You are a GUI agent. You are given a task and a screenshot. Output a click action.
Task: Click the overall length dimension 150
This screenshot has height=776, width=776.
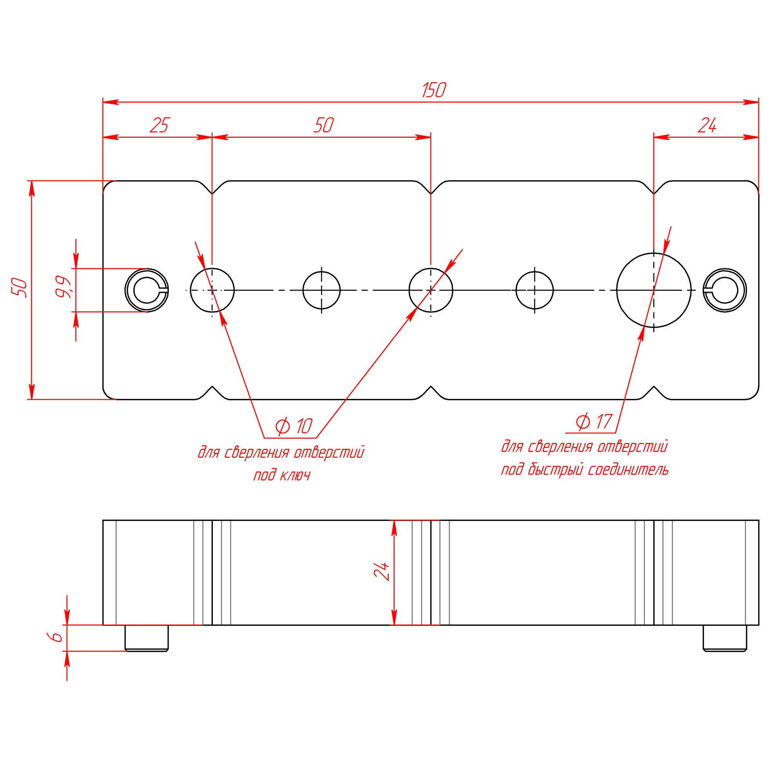pos(434,90)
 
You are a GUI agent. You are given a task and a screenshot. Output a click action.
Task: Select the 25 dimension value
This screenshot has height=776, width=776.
pos(160,125)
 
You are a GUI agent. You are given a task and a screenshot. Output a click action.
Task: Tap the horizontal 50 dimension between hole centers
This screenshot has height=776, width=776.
pos(323,125)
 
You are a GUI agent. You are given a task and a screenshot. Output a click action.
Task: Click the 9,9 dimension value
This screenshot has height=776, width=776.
pos(63,286)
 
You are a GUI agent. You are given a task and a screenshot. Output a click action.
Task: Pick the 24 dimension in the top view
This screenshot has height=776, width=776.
pos(707,126)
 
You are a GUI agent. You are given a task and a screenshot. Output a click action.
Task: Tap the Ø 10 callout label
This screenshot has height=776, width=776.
pos(294,426)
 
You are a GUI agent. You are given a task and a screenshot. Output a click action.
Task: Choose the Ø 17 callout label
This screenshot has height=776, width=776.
pos(594,421)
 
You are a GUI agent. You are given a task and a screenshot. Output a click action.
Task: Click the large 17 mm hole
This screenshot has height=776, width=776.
pos(653,290)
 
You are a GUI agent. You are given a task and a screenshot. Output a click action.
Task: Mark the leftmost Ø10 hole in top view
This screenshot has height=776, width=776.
pos(212,290)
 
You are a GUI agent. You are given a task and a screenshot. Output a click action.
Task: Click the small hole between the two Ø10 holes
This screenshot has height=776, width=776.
pos(321,290)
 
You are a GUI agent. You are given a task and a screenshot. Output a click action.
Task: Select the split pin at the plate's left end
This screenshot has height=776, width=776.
pos(147,290)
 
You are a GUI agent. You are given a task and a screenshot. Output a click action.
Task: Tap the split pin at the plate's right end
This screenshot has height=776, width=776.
pos(725,290)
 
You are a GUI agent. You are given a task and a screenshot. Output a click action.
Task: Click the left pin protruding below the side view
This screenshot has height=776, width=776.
pos(147,637)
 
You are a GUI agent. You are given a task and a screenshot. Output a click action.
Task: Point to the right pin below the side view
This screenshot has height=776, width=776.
pos(725,637)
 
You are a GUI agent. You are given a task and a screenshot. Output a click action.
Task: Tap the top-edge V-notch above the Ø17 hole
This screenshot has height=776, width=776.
pos(653,189)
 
